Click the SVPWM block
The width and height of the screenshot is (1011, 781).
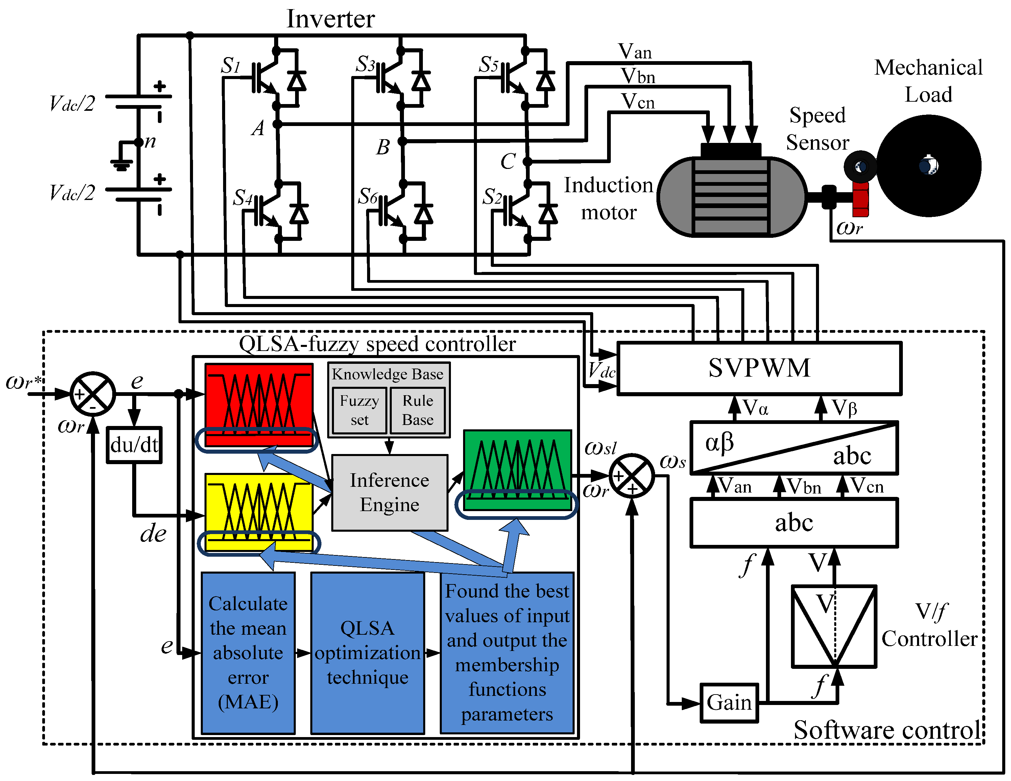759,368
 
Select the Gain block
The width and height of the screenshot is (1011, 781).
729,702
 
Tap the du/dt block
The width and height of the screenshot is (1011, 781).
134,445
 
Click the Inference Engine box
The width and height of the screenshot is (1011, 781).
390,492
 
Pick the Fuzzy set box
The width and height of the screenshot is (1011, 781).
359,410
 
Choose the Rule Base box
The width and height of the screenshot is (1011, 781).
417,410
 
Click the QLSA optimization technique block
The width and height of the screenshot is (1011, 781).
367,652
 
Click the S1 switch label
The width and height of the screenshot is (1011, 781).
231,65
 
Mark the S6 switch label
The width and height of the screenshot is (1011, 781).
368,196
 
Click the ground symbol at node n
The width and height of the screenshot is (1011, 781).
121,164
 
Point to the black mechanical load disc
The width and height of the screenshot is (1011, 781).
929,166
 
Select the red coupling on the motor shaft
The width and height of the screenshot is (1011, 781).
861,199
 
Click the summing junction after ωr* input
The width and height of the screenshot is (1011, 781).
93,394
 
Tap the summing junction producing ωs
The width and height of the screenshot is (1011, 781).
632,476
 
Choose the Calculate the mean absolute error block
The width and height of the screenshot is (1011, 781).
248,652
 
